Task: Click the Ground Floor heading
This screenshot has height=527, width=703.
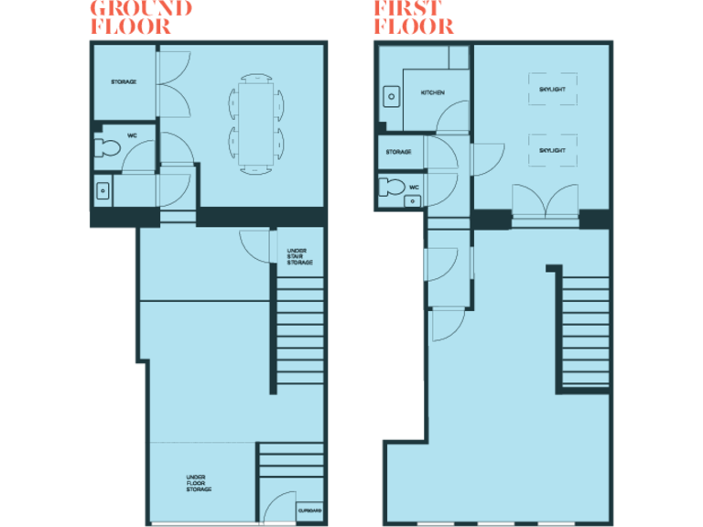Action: click(x=140, y=17)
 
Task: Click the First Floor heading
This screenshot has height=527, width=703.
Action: click(x=413, y=17)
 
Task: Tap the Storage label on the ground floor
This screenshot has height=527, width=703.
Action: click(x=124, y=82)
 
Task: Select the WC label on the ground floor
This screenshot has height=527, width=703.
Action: click(x=132, y=135)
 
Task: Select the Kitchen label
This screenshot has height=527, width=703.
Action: click(x=432, y=93)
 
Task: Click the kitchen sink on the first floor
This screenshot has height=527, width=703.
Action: click(x=393, y=94)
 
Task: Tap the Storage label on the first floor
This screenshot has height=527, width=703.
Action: click(x=398, y=152)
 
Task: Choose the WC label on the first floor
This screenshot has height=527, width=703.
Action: click(x=414, y=187)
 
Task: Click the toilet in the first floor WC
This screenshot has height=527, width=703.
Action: click(x=394, y=188)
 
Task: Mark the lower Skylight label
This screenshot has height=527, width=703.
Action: click(x=552, y=149)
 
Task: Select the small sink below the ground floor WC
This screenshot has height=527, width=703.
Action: click(x=103, y=191)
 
